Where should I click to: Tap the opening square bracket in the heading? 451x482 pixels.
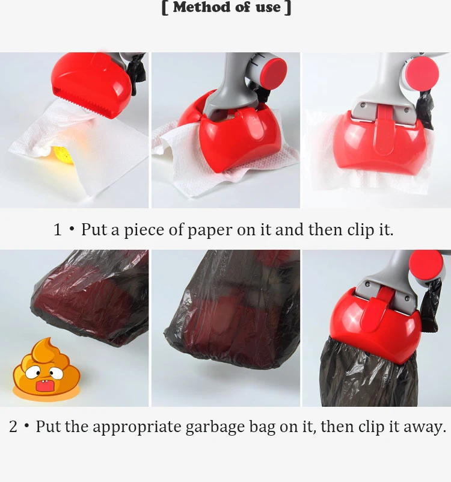tap(164, 8)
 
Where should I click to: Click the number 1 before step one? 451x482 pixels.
tap(58, 230)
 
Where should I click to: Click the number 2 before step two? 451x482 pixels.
tap(13, 427)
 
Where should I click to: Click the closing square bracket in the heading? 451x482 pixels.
tap(288, 8)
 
